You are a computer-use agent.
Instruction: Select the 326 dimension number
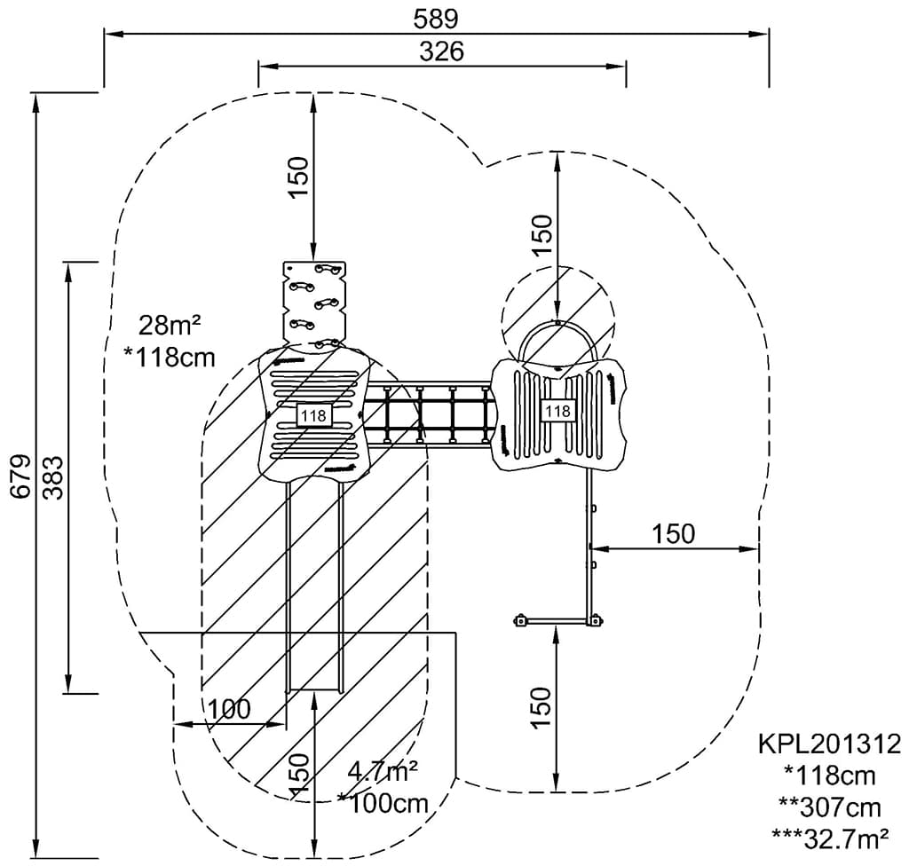[x=441, y=51]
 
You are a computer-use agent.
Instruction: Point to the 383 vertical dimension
[x=52, y=477]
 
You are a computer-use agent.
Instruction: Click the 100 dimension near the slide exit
[x=229, y=709]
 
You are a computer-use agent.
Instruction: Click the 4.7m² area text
[x=383, y=771]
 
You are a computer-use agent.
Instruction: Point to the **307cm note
[x=829, y=807]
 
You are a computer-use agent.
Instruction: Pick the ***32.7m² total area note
[x=829, y=837]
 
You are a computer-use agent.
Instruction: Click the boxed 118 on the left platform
[x=312, y=414]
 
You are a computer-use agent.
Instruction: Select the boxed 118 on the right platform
[x=557, y=411]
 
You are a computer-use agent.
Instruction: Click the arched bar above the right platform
[x=557, y=337]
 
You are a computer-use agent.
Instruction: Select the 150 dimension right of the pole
[x=673, y=533]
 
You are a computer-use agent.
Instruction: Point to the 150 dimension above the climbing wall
[x=298, y=177]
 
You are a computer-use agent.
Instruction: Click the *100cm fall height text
[x=383, y=803]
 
